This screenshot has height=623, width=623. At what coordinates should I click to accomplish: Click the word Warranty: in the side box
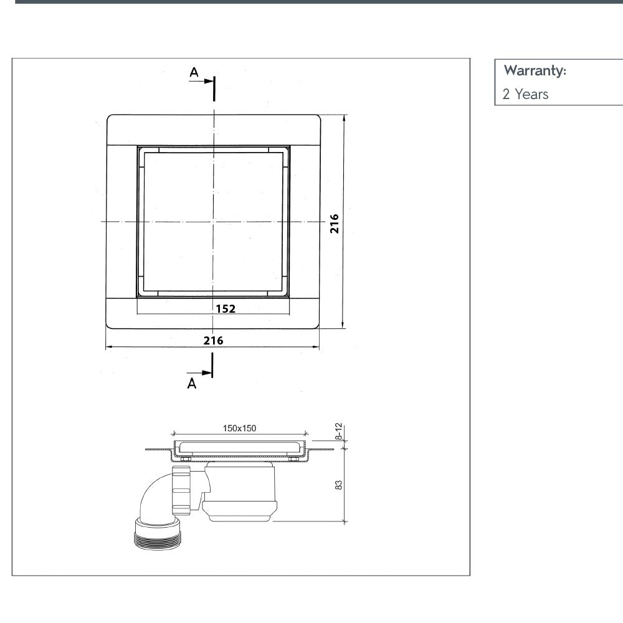[x=535, y=70]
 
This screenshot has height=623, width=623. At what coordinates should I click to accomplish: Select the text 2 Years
[x=525, y=95]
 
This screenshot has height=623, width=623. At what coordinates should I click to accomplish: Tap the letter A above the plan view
[x=194, y=73]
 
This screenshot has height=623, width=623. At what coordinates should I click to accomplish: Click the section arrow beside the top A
[x=203, y=81]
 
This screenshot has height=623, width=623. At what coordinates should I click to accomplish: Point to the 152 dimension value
[x=226, y=308]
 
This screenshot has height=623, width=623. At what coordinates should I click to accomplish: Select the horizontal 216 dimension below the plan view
[x=213, y=340]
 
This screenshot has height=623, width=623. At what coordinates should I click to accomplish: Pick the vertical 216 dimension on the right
[x=334, y=222]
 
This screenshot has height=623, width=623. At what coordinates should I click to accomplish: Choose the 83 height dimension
[x=339, y=484]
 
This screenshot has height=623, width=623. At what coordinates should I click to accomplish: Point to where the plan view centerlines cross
[x=213, y=221]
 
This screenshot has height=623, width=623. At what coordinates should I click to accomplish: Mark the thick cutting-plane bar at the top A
[x=213, y=88]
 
